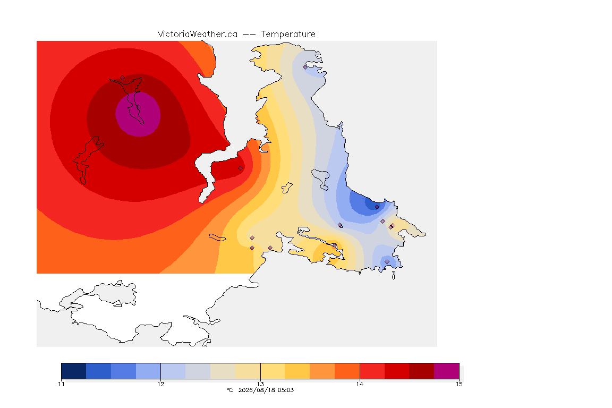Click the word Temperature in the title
tap(288, 35)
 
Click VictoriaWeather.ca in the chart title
tap(198, 35)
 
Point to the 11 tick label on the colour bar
tap(61, 384)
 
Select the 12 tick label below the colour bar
tap(161, 384)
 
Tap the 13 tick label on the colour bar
tap(260, 384)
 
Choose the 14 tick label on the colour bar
tap(360, 384)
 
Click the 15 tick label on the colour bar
tap(459, 384)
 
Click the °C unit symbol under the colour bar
tap(229, 390)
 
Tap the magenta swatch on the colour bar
tap(446, 371)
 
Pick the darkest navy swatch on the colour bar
tap(74, 371)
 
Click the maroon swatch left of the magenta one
tap(421, 371)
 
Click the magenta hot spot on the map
tap(138, 114)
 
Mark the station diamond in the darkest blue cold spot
tap(377, 207)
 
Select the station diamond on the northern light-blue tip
tap(305, 67)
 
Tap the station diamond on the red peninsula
tap(241, 168)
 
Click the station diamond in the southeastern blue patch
tap(387, 261)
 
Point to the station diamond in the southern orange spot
tap(335, 245)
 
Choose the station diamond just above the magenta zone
tap(123, 78)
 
